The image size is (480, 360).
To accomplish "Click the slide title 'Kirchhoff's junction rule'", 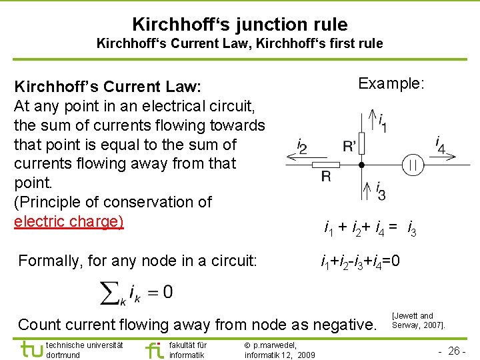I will [239, 25].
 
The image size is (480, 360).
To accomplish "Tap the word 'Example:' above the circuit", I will [391, 84].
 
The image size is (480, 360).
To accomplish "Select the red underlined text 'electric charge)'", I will [69, 221].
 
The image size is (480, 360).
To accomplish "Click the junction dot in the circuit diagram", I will [361, 164].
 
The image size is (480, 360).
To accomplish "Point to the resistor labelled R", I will [327, 164].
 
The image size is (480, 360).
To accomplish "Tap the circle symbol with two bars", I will [413, 164].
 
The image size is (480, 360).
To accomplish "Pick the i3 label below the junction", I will [381, 191].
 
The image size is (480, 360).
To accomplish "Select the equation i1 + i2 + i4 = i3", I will [371, 230].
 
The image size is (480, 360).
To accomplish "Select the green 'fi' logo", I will [153, 349].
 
